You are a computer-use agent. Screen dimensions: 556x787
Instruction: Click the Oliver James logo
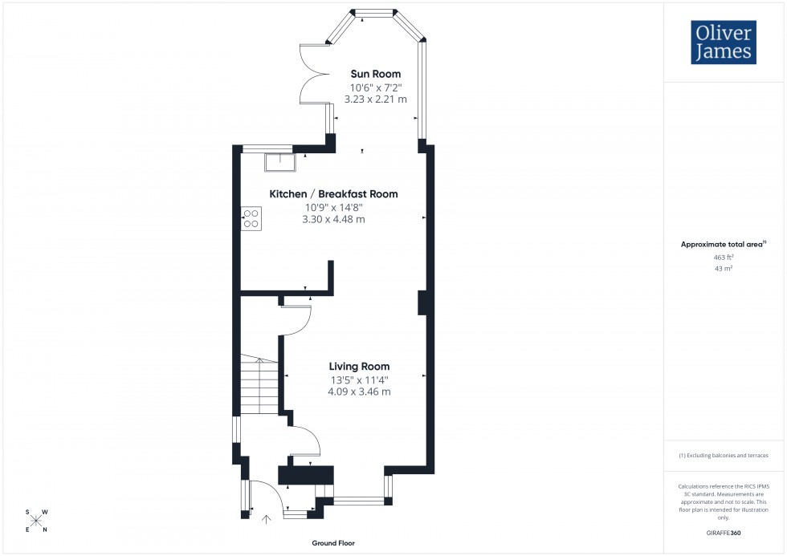point(723,43)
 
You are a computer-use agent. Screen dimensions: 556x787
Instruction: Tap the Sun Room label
point(375,74)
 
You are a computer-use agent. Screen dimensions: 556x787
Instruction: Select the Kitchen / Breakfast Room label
point(333,194)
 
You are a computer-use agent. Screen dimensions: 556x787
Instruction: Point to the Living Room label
point(359,367)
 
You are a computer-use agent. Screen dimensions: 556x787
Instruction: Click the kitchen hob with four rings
point(251,219)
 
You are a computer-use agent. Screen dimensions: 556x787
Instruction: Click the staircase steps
point(259,386)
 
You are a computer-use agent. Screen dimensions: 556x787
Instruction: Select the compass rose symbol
point(36,521)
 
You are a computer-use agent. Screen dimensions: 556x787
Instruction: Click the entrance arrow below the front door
point(267,520)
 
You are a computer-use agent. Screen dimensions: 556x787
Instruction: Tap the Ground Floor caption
point(333,543)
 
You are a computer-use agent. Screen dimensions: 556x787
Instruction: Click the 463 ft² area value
point(724,258)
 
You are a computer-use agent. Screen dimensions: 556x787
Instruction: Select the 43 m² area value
point(724,269)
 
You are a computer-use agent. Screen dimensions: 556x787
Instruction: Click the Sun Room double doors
point(311,73)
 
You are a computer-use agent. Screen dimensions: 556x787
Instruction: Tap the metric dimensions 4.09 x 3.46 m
point(359,392)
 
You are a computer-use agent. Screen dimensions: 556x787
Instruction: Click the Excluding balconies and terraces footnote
point(724,455)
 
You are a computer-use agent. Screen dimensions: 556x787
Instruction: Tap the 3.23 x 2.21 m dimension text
point(375,99)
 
